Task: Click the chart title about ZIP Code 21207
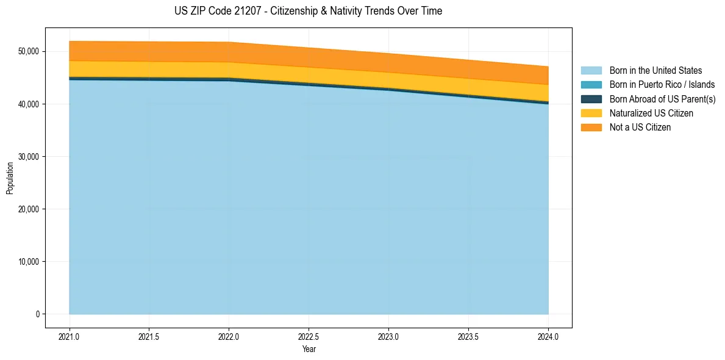(308, 11)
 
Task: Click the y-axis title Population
(10, 178)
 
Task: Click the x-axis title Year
(309, 350)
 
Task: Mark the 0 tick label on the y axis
(37, 314)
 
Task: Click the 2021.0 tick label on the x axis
(69, 336)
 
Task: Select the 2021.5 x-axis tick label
(149, 336)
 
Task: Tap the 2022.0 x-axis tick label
(229, 336)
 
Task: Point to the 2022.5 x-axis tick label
(309, 336)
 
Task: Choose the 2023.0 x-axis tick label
(388, 336)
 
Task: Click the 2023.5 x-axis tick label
(468, 336)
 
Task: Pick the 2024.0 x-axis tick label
(548, 336)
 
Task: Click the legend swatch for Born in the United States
(591, 71)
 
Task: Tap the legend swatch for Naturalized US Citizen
(591, 113)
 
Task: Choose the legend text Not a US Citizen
(640, 128)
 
